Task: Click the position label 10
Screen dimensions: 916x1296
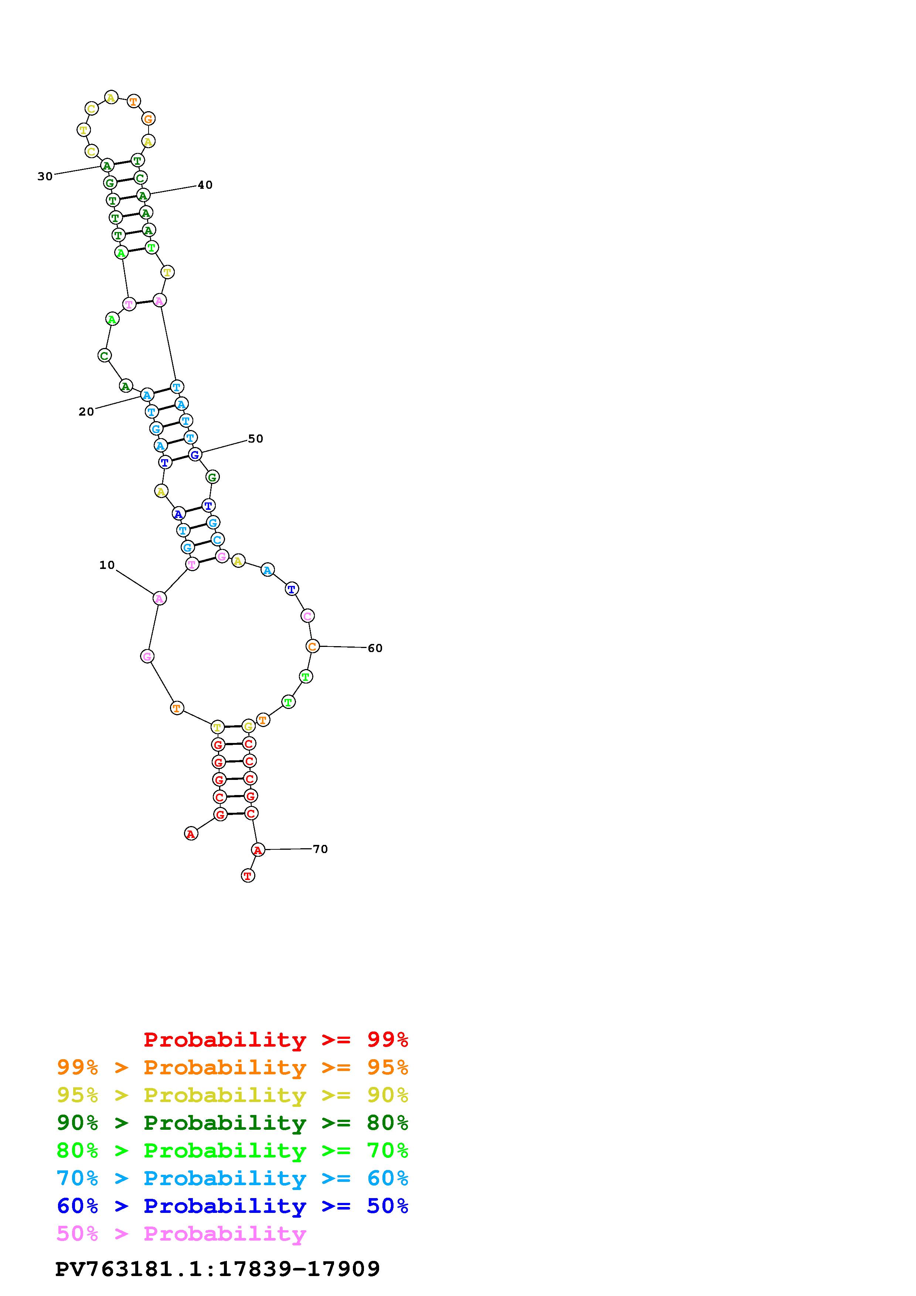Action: click(107, 565)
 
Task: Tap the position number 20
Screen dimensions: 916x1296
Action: click(86, 412)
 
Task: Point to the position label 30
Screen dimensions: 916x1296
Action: click(45, 177)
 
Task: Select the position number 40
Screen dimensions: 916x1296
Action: click(205, 185)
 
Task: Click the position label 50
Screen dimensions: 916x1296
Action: click(256, 439)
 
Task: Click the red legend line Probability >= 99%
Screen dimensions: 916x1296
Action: click(276, 1040)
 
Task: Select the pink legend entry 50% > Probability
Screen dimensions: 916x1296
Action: click(182, 1234)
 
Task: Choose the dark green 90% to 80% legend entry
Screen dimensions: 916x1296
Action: click(232, 1123)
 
